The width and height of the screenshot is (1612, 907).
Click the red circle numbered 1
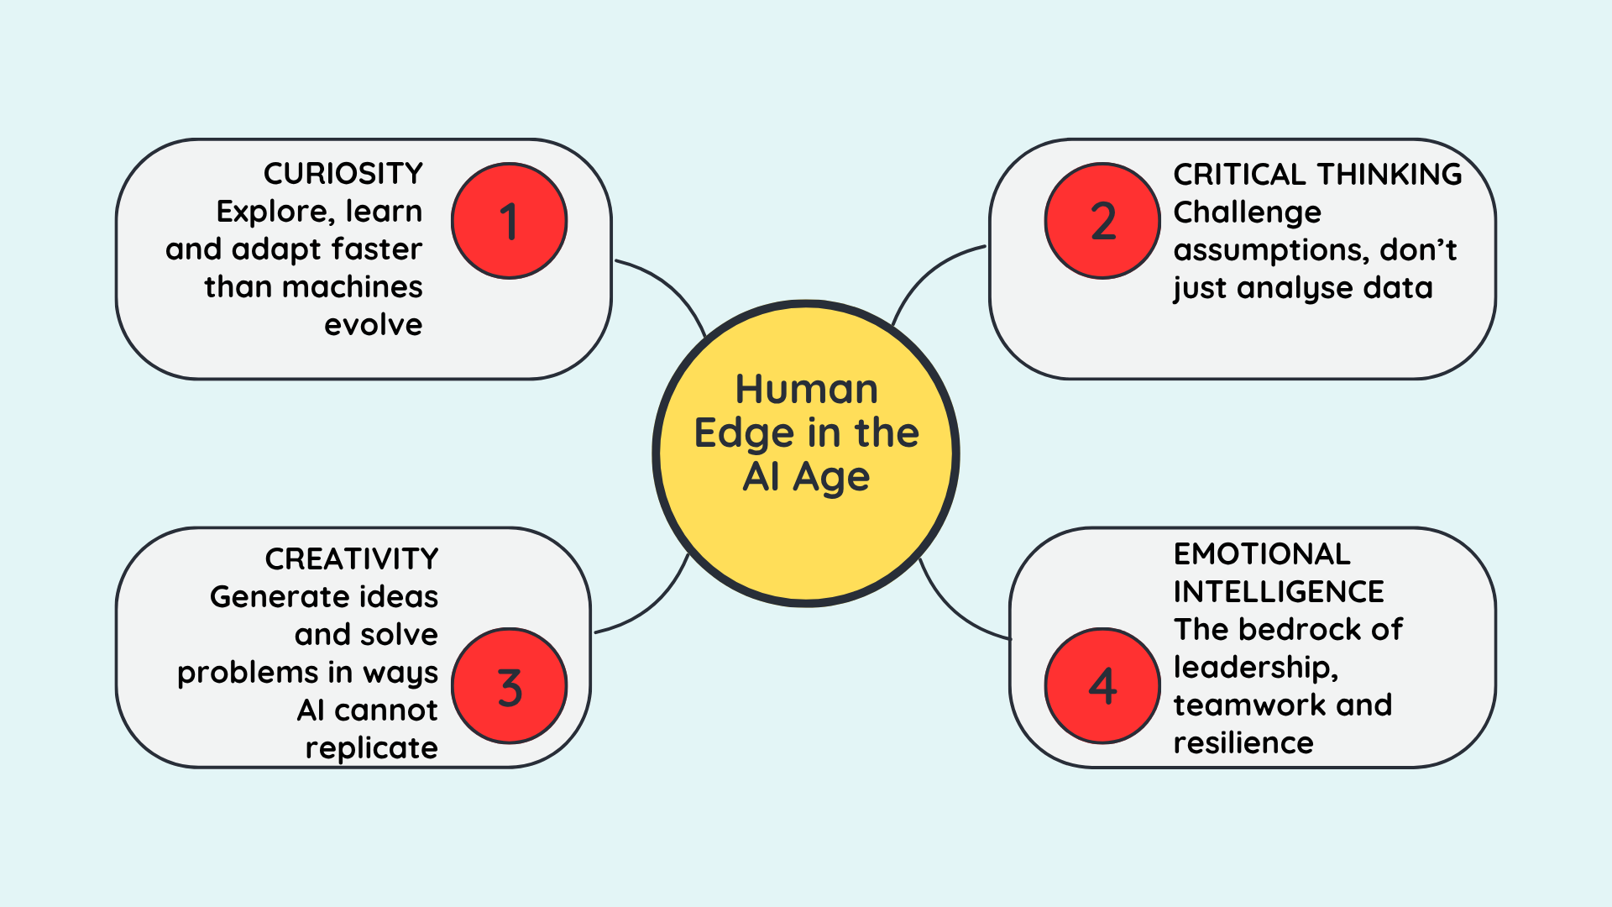(509, 221)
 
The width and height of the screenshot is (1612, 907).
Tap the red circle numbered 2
(1102, 221)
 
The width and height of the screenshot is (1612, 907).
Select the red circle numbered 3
(509, 686)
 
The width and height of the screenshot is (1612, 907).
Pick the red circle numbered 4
(1102, 686)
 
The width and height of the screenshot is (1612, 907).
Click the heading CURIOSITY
(343, 174)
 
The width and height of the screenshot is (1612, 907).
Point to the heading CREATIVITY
(352, 559)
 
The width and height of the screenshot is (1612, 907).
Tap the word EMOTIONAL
(1262, 554)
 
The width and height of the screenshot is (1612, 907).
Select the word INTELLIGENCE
(1279, 592)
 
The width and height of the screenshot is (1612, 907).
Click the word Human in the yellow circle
(806, 390)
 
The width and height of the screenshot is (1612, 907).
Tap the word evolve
(374, 325)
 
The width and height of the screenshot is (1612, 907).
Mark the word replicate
(371, 748)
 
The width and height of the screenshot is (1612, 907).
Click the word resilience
(1243, 743)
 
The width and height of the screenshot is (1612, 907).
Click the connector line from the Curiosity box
(667, 286)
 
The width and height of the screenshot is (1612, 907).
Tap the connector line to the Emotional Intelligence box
(957, 613)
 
